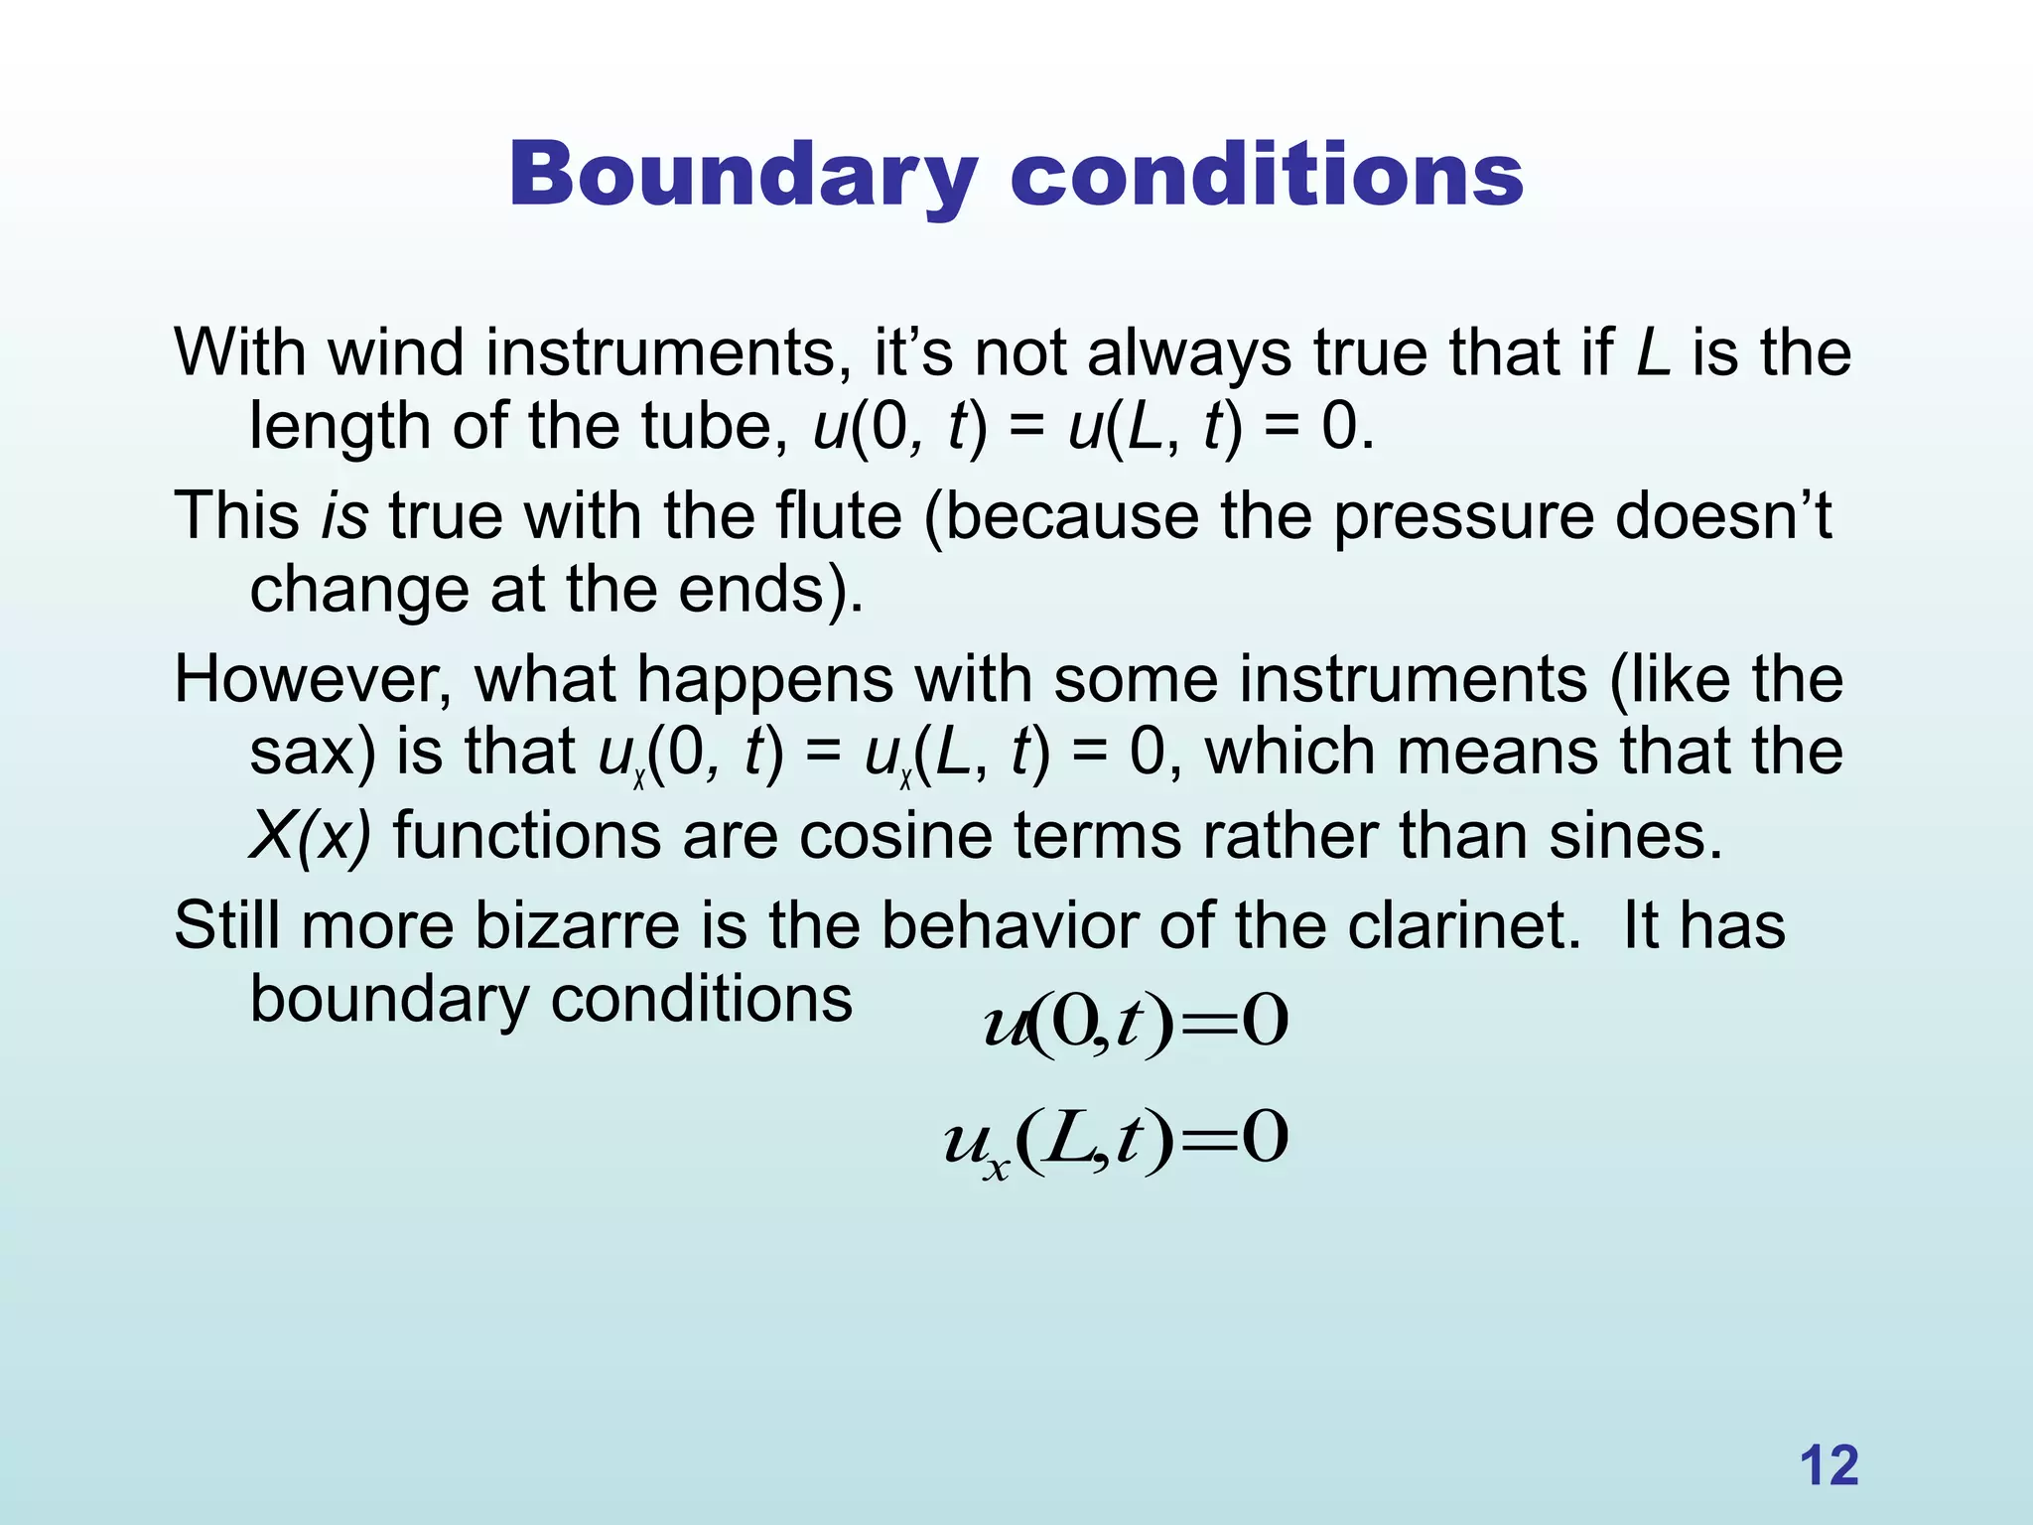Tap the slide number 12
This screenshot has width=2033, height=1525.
pyautogui.click(x=1829, y=1465)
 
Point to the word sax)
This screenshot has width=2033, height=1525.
pyautogui.click(x=312, y=752)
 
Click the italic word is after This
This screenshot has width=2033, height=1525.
pyautogui.click(x=344, y=517)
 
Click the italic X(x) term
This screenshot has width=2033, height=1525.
pyautogui.click(x=310, y=836)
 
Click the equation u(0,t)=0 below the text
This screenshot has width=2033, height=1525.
pyautogui.click(x=1136, y=1024)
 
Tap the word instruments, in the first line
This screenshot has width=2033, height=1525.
pyautogui.click(x=669, y=353)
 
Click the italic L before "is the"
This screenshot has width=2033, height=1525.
pyautogui.click(x=1653, y=353)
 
